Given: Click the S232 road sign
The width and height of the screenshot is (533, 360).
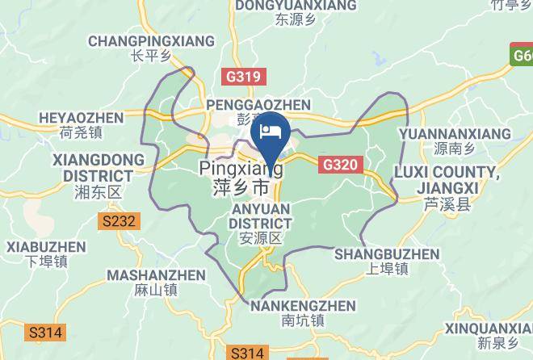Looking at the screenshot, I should tap(120, 220).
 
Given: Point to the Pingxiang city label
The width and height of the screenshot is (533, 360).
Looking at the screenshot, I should tap(241, 178).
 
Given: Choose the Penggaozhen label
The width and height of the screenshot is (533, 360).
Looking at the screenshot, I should tap(258, 111).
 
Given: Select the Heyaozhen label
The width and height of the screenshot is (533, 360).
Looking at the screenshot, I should tap(81, 125).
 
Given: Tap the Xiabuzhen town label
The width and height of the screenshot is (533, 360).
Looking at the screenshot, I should tap(45, 253).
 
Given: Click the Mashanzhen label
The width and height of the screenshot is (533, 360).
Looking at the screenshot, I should tap(157, 282).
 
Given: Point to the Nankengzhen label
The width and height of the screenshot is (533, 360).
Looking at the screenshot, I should tap(303, 312).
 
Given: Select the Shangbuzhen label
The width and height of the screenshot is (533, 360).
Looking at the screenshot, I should tap(387, 261).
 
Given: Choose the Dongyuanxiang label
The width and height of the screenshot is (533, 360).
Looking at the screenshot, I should tap(295, 11).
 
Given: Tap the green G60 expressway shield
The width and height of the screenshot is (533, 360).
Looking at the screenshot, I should tap(522, 55).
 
